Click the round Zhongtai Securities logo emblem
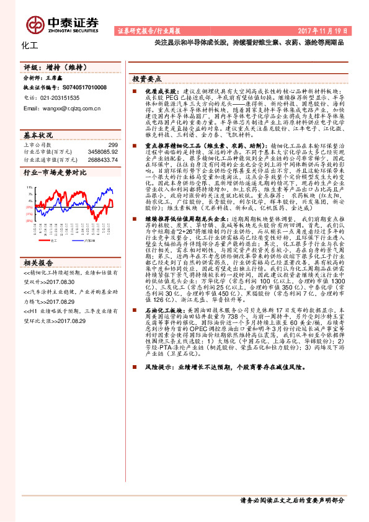pos(32,22)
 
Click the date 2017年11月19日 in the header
pos(332,30)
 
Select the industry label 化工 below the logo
pos(29,45)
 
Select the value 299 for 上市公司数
pos(113,144)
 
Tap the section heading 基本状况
pos(39,135)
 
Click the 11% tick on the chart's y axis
pos(29,186)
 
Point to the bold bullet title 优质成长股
pos(143,91)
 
